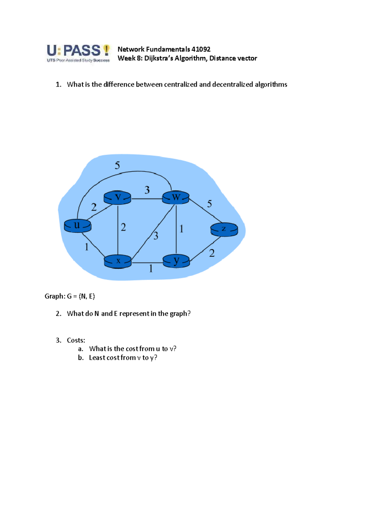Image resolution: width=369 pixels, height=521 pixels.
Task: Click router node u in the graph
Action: (77, 226)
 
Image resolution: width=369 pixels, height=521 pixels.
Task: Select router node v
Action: (117, 197)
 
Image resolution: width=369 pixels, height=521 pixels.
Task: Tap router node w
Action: (176, 197)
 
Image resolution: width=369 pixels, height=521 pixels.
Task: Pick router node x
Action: (118, 261)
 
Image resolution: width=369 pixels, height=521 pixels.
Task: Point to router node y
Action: (176, 261)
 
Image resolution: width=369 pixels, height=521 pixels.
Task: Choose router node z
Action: (224, 229)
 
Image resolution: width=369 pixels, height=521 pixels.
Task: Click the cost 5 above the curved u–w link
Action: (117, 166)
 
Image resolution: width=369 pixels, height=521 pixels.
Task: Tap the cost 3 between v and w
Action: (147, 190)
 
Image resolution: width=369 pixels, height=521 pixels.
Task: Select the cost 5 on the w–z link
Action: (209, 204)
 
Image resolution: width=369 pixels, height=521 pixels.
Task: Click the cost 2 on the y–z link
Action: (212, 253)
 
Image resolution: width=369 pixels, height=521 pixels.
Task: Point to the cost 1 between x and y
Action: (151, 269)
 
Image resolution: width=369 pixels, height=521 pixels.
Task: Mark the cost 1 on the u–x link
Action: (87, 247)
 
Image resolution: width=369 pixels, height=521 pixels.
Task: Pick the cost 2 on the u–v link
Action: (94, 207)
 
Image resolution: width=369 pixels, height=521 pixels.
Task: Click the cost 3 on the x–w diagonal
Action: (156, 236)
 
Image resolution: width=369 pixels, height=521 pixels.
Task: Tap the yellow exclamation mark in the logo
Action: (106, 50)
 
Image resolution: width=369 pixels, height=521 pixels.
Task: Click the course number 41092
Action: (201, 49)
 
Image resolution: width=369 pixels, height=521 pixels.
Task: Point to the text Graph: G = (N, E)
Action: (70, 296)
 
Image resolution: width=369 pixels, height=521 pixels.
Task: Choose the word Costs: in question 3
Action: (76, 340)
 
